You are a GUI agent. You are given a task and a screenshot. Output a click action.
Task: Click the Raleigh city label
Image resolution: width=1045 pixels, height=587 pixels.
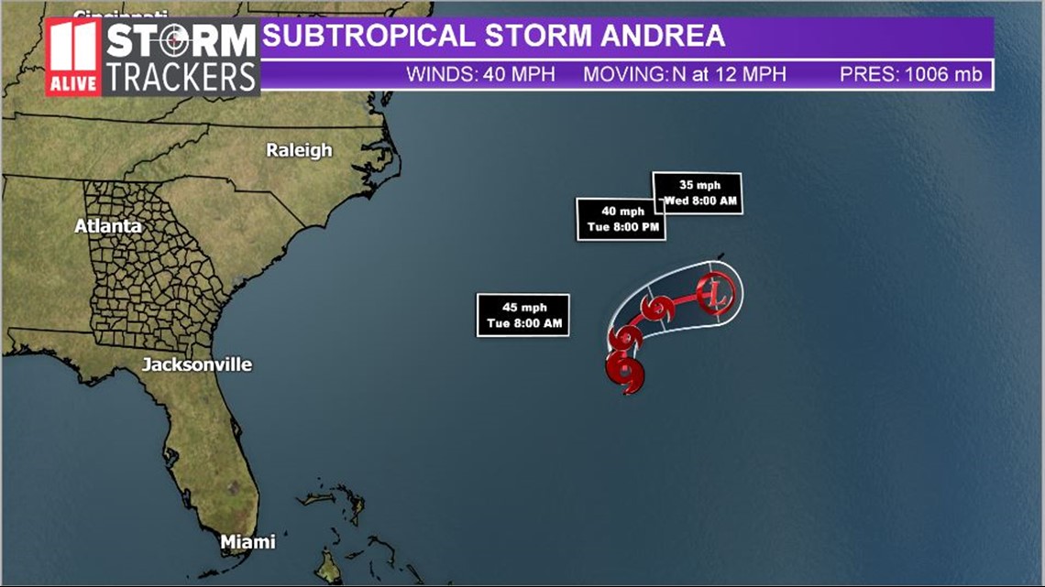pyautogui.click(x=299, y=150)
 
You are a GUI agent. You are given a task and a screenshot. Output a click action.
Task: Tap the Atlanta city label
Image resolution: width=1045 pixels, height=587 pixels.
pyautogui.click(x=108, y=225)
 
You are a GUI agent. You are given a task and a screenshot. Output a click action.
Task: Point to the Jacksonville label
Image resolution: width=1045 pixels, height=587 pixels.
pyautogui.click(x=196, y=364)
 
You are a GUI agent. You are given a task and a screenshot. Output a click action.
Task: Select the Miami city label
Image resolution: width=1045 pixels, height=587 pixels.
pyautogui.click(x=247, y=542)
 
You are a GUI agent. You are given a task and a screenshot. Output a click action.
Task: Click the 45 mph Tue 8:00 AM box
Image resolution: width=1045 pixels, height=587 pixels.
pyautogui.click(x=523, y=315)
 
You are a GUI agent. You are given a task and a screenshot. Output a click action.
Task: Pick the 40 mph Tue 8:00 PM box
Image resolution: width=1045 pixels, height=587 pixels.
pyautogui.click(x=621, y=219)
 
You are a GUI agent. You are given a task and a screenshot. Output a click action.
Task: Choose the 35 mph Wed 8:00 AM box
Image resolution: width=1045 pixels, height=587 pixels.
pyautogui.click(x=697, y=193)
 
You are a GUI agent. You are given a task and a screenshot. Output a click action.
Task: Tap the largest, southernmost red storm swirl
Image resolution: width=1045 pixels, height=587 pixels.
pyautogui.click(x=625, y=371)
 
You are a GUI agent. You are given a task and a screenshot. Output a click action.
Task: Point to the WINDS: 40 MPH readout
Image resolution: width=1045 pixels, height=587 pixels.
pyautogui.click(x=480, y=74)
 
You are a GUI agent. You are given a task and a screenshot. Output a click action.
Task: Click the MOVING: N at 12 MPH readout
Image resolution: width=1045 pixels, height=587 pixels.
pyautogui.click(x=684, y=74)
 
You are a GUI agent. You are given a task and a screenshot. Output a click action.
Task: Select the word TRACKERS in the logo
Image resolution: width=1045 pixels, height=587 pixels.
pyautogui.click(x=181, y=77)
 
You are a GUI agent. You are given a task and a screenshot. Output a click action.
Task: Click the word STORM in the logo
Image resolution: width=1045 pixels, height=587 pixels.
pyautogui.click(x=181, y=41)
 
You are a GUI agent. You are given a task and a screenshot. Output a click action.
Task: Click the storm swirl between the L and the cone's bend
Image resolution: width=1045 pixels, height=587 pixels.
pyautogui.click(x=656, y=310)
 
